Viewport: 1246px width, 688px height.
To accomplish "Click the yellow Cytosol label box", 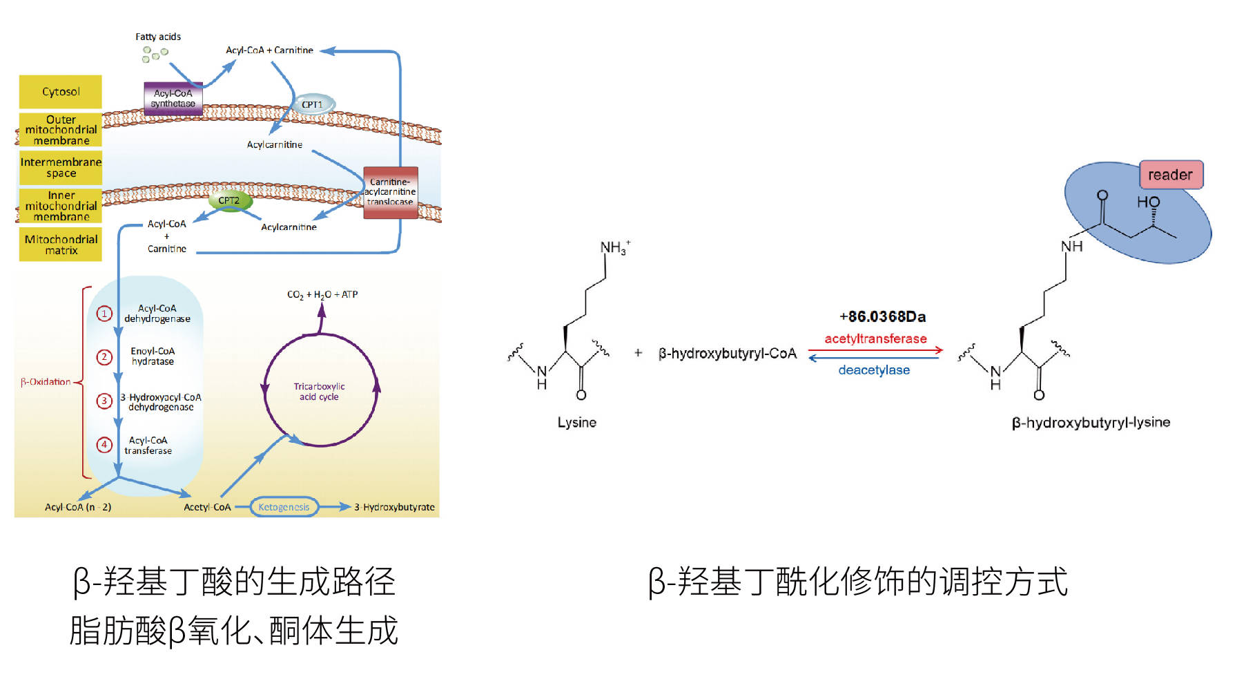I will coord(61,92).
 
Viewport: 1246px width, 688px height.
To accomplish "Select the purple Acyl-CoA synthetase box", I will coord(173,98).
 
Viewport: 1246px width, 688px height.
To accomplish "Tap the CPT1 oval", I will coord(312,104).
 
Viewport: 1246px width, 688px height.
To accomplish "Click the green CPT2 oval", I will coord(229,200).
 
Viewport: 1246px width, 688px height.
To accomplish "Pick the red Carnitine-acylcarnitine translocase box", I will coord(390,192).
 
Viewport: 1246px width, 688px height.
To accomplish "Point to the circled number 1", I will coord(104,314).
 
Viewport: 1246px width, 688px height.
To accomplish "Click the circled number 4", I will coord(104,445).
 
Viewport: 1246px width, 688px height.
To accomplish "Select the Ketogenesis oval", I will coord(284,507).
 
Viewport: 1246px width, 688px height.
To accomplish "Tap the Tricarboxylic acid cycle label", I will coord(319,392).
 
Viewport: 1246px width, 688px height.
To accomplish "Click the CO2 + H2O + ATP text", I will coord(322,294).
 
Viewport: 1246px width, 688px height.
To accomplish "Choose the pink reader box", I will coord(1170,175).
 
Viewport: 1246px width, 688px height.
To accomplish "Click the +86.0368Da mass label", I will coord(882,316).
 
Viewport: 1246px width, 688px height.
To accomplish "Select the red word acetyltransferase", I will coord(875,338).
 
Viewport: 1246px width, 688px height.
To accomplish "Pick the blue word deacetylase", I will coord(874,370).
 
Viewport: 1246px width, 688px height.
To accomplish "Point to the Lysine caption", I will coord(576,422).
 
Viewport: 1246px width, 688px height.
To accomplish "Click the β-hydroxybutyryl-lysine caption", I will coord(1091,422).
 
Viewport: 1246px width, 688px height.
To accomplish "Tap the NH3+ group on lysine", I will coord(614,247).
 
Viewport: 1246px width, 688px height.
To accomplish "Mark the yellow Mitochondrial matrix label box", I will coord(61,245).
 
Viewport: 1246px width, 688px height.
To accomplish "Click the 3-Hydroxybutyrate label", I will coord(394,507).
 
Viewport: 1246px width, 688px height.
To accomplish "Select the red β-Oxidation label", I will coord(46,382).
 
